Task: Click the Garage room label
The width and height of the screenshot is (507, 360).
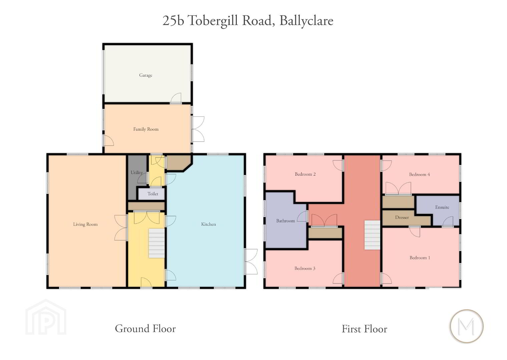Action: [145, 75]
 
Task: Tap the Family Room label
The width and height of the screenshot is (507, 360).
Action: [146, 129]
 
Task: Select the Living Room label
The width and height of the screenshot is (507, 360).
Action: [85, 224]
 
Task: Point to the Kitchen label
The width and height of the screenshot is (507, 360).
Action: [208, 224]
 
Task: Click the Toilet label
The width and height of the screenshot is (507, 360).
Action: [153, 194]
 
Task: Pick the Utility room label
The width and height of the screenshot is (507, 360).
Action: [137, 173]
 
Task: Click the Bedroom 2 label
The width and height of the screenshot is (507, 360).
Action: [305, 174]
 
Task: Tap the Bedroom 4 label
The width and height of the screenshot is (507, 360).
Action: [419, 174]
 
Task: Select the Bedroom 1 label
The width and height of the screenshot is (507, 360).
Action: [420, 258]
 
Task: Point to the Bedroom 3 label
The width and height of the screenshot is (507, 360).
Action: [305, 268]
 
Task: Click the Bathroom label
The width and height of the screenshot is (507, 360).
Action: [286, 221]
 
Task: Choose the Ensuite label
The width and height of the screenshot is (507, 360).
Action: [442, 207]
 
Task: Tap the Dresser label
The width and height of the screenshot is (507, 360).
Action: [402, 217]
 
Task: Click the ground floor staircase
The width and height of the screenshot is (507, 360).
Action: [156, 243]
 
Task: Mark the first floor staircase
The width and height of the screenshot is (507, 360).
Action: [372, 235]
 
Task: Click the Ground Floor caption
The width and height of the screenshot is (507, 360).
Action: [145, 329]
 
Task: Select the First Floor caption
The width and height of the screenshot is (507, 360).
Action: [364, 329]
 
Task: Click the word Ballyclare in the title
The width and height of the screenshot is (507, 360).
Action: [306, 21]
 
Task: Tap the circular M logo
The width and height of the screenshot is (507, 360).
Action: [467, 326]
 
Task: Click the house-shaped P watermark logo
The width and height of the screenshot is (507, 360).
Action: [46, 317]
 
